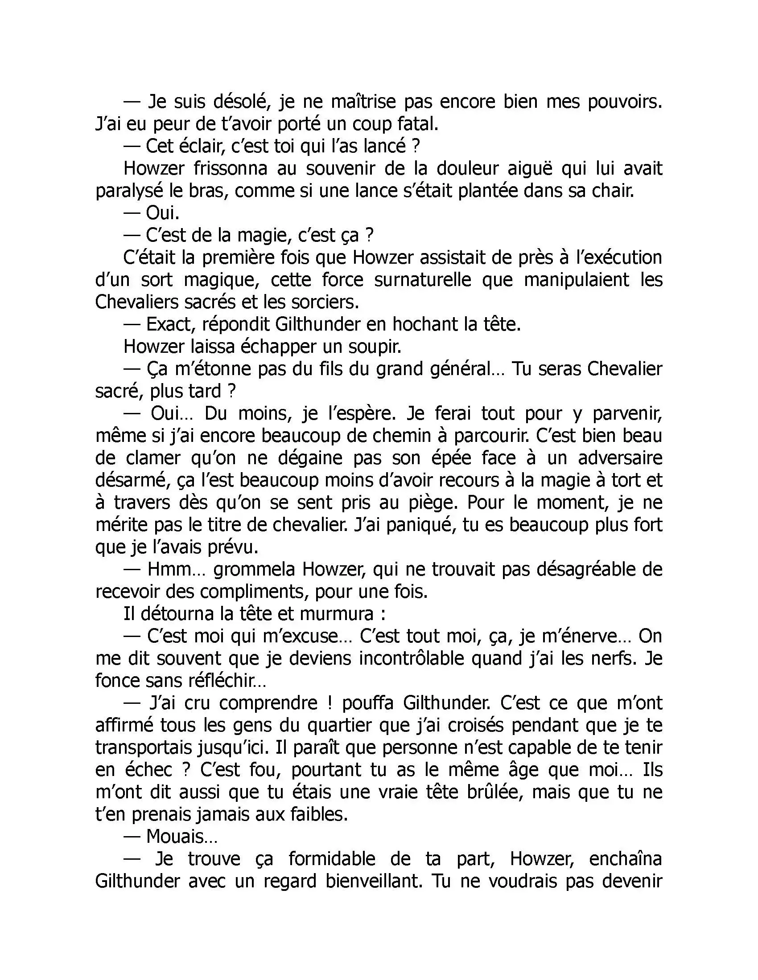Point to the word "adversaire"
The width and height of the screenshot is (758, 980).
620,458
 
